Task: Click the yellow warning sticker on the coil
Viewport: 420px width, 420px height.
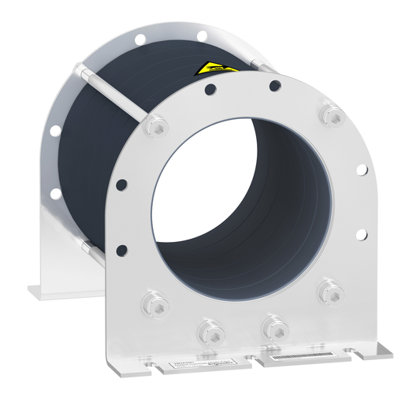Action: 214,69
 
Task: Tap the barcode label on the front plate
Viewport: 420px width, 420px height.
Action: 298,359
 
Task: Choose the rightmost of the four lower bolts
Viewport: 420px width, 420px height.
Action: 329,290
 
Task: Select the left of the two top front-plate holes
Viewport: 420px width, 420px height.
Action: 211,91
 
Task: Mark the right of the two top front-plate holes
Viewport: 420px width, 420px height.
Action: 274,86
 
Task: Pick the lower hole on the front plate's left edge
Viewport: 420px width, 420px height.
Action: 122,251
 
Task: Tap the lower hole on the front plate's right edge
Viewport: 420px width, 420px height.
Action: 361,234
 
